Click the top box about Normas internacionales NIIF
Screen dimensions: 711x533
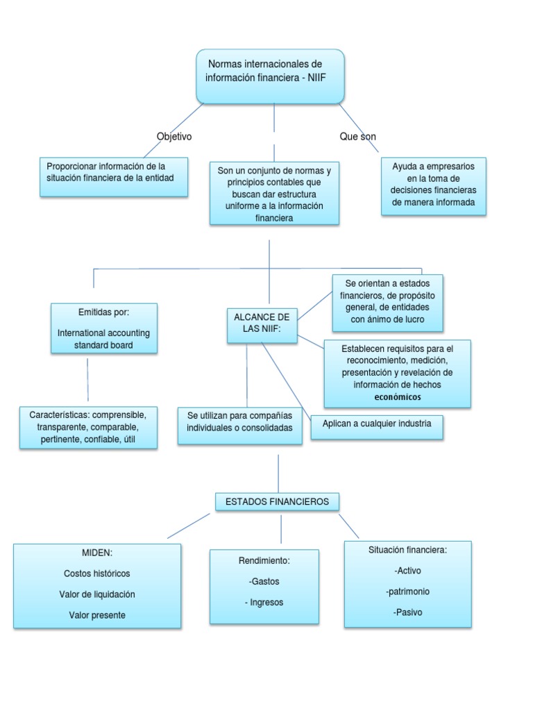click(x=270, y=76)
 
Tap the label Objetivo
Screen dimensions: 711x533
click(x=174, y=137)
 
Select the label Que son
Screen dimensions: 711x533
click(x=357, y=137)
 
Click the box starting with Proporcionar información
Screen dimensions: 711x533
click(x=114, y=176)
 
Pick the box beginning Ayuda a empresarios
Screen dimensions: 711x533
click(x=434, y=185)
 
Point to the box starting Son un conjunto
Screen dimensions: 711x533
click(x=274, y=194)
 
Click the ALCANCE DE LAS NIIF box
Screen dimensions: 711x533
click(x=262, y=323)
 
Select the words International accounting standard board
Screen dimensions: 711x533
click(x=103, y=339)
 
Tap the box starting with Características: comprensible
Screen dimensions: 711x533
click(x=87, y=427)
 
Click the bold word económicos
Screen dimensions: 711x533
click(x=398, y=397)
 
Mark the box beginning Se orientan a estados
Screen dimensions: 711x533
click(x=387, y=302)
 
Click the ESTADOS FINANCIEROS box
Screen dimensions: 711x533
click(x=277, y=501)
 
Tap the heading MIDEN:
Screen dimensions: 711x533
click(x=96, y=553)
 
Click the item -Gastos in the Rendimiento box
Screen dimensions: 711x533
click(x=264, y=581)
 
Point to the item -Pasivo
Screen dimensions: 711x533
click(x=407, y=612)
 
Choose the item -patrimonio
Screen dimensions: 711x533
click(x=407, y=592)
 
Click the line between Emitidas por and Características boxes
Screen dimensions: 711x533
click(x=87, y=380)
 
